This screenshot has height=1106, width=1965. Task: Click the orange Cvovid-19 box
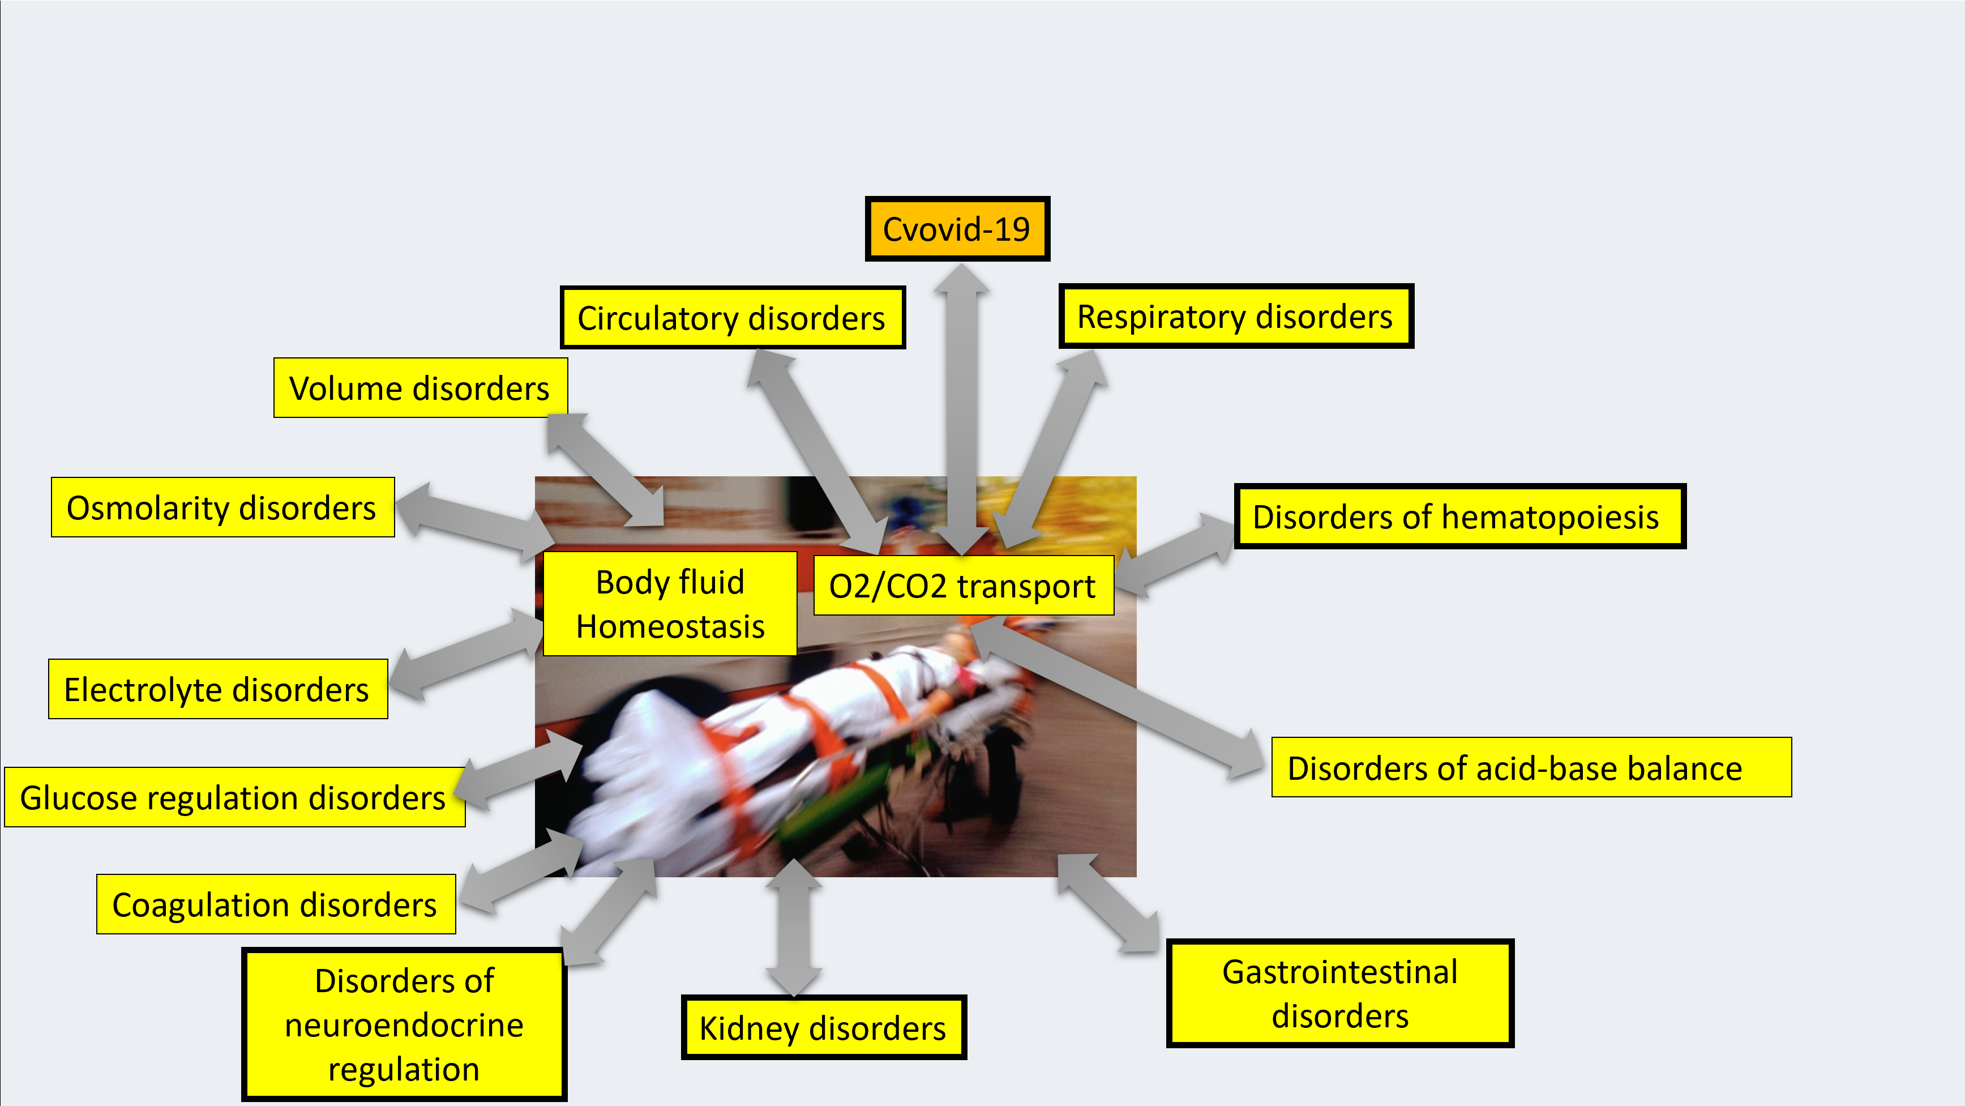tap(957, 229)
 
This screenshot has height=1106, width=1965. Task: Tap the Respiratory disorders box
tap(1235, 316)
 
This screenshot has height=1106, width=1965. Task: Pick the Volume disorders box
tap(419, 388)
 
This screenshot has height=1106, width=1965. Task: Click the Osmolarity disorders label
tap(222, 507)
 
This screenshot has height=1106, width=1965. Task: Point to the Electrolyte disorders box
tap(217, 689)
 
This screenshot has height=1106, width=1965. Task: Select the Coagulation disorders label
tap(275, 904)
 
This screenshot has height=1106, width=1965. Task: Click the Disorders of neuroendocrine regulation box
tap(404, 1024)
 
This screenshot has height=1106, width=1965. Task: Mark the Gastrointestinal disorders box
tap(1339, 993)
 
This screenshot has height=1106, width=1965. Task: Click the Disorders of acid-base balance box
tap(1530, 768)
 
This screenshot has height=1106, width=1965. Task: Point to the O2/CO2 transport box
tap(962, 586)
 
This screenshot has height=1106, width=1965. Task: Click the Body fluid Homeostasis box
tap(670, 604)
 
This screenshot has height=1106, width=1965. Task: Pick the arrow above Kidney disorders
tap(793, 928)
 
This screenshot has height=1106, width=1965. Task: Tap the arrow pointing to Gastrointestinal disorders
tap(1107, 904)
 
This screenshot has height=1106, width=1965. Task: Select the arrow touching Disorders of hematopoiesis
tap(1175, 552)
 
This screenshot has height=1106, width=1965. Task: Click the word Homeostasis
tap(670, 627)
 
